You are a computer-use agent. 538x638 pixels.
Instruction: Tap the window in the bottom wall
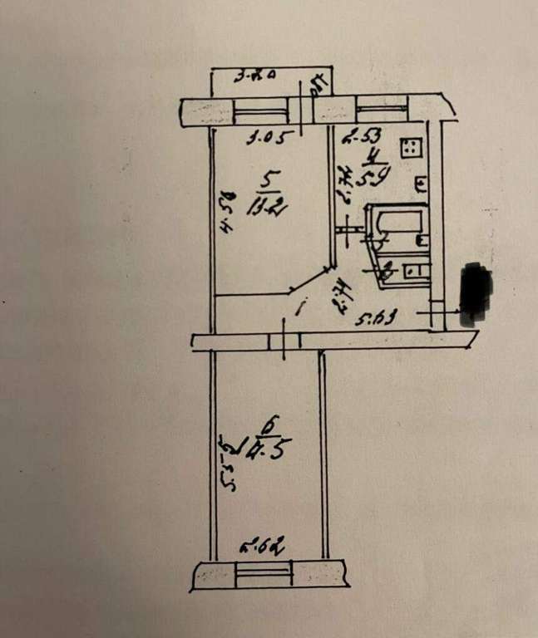tap(265, 572)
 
